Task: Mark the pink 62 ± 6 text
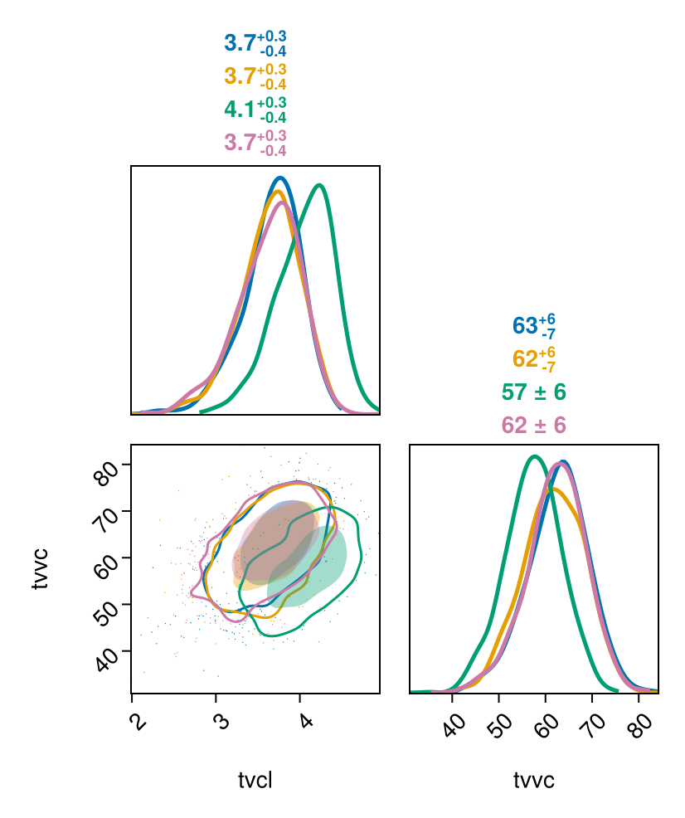pos(533,425)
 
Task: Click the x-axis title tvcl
pos(255,781)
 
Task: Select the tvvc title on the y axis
pos(39,568)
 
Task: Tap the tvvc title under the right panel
pos(533,781)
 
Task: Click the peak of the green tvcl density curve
pos(319,185)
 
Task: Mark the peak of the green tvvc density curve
pos(535,456)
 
